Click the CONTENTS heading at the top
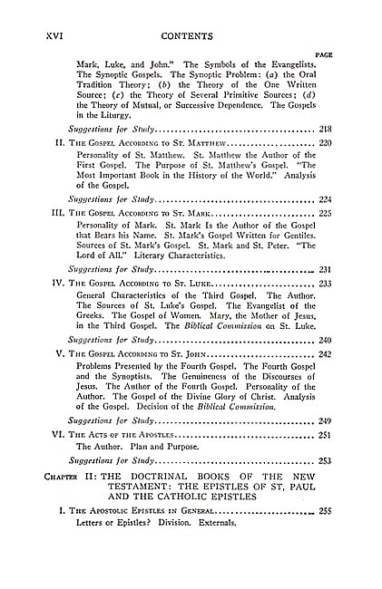click(x=185, y=37)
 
